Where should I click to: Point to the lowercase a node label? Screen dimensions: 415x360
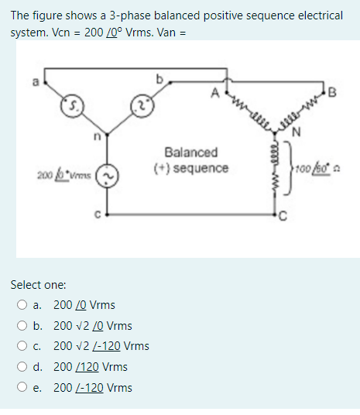point(33,77)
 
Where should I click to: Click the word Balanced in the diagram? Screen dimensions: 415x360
point(190,153)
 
